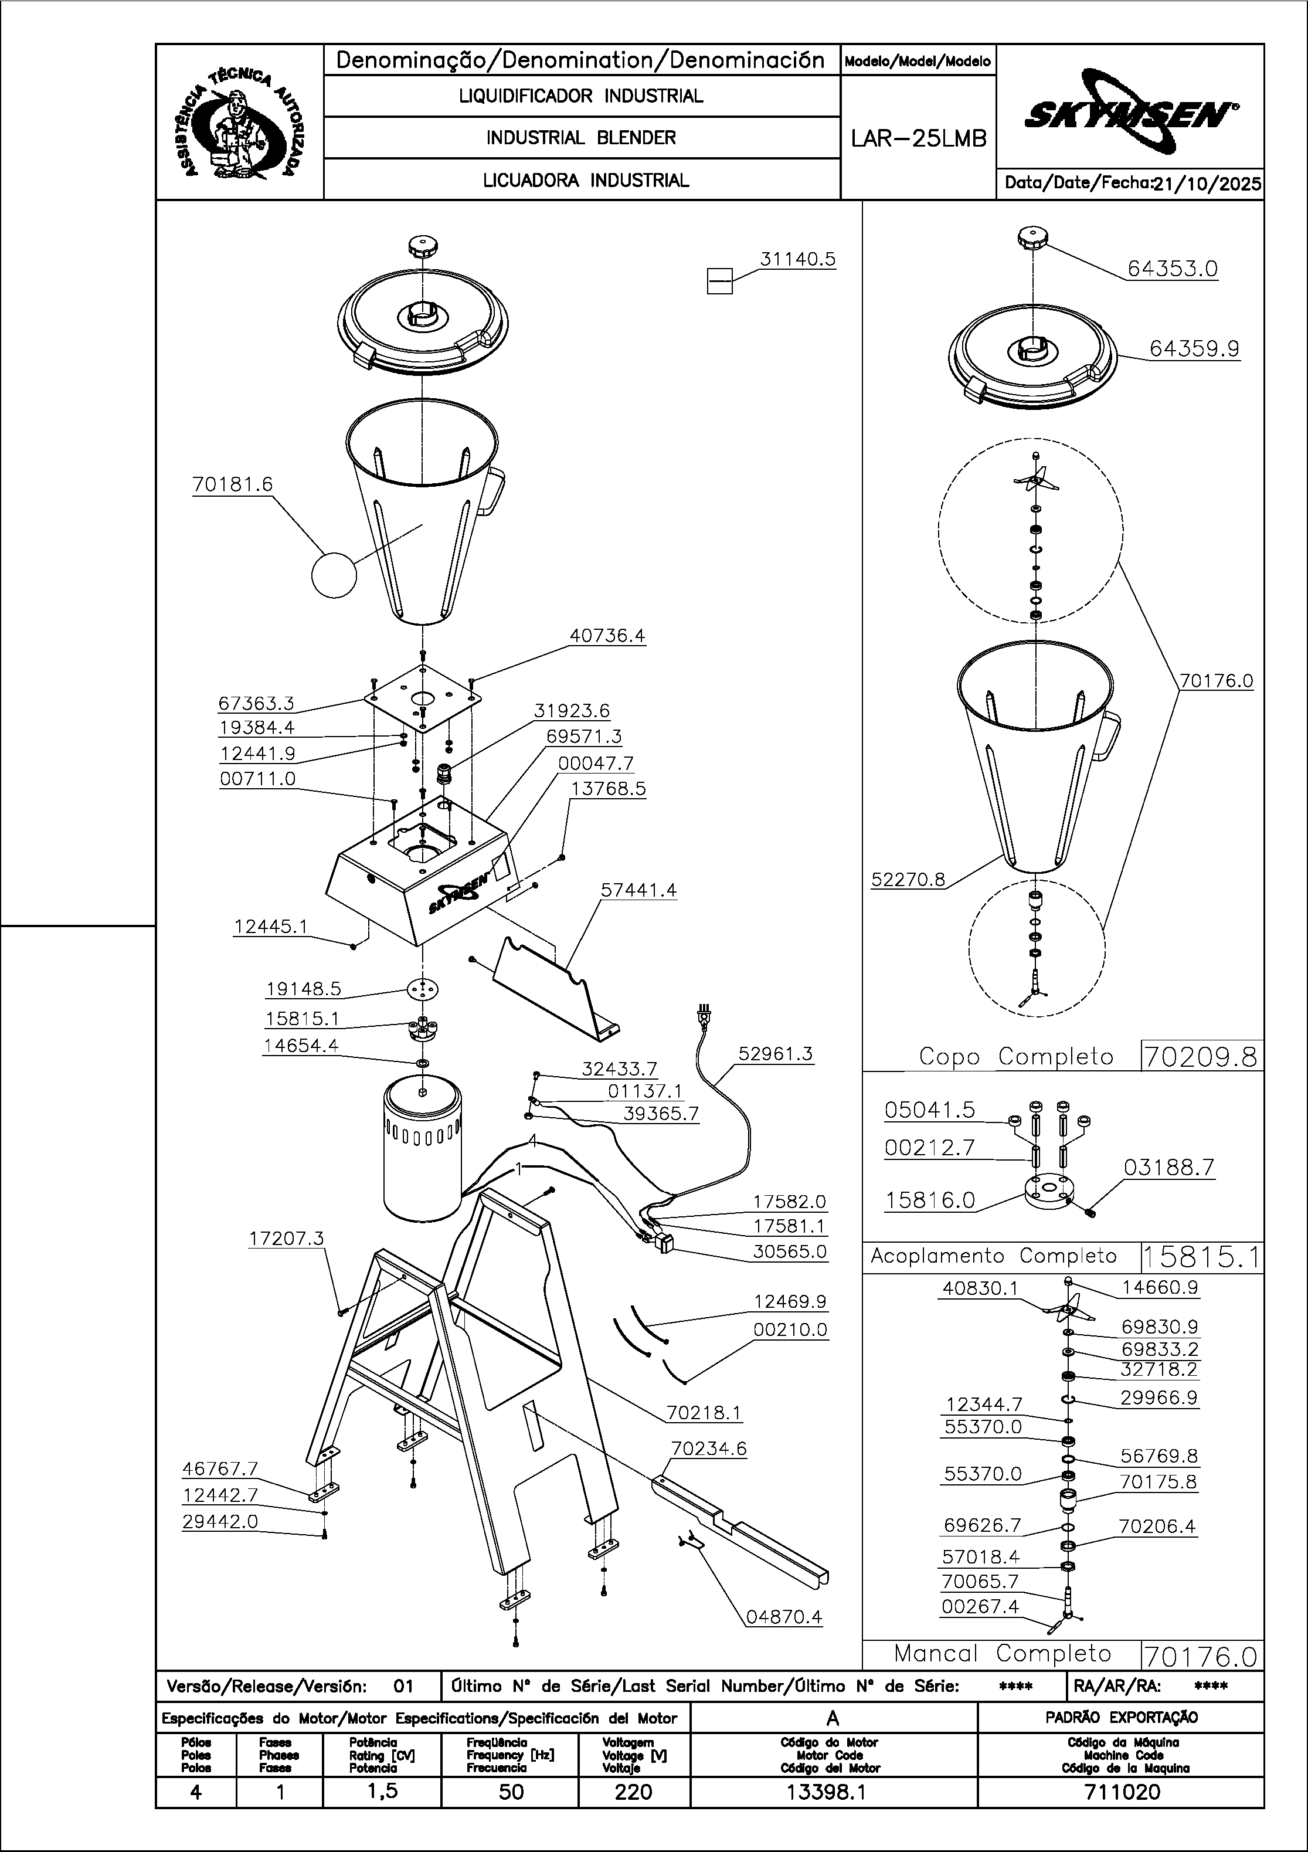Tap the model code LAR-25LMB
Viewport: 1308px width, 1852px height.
click(919, 139)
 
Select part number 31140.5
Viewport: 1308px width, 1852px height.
click(797, 260)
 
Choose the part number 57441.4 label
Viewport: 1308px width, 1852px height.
click(638, 890)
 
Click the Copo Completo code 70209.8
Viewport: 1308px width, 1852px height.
click(1201, 1057)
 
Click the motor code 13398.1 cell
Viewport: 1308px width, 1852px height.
click(833, 1792)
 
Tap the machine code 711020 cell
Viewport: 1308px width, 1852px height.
click(1121, 1792)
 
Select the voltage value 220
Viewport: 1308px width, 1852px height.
click(634, 1792)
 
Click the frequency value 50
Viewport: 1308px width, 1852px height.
click(511, 1792)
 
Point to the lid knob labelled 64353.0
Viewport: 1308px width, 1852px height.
click(1032, 239)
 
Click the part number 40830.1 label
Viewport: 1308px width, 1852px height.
click(980, 1289)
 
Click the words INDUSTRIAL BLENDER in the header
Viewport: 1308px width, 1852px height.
click(580, 138)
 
